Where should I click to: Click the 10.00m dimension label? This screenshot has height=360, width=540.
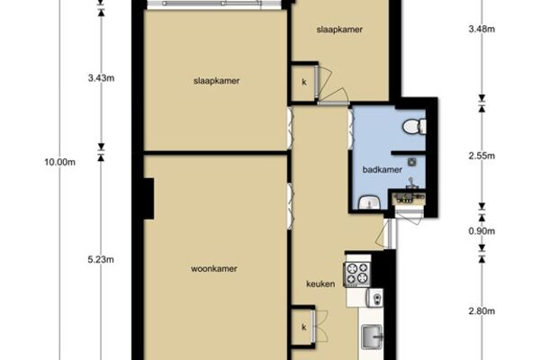(x=60, y=162)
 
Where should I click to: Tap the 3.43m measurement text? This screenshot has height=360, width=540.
(x=101, y=78)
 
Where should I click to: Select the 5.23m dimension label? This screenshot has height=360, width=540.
(x=101, y=260)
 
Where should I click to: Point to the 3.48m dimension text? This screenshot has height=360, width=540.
(x=481, y=30)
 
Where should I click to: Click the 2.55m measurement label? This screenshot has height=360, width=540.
(x=481, y=156)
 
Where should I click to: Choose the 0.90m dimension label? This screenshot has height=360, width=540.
(x=481, y=231)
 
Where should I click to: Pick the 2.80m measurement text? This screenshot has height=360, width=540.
(x=481, y=311)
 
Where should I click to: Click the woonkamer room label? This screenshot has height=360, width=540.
(x=214, y=269)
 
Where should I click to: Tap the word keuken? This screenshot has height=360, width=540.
(x=320, y=284)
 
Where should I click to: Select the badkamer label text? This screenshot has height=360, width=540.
(x=382, y=170)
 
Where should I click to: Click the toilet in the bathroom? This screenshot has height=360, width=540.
(x=414, y=126)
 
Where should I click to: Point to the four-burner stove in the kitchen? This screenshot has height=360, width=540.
(x=357, y=274)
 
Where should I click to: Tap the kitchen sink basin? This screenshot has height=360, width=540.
(x=372, y=337)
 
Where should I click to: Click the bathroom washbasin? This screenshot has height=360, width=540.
(x=369, y=202)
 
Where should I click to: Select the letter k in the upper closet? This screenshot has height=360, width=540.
(x=304, y=82)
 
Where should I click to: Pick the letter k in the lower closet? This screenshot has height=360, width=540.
(x=304, y=328)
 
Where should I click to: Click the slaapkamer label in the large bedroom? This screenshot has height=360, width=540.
(x=216, y=81)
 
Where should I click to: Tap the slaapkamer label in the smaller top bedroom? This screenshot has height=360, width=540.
(x=339, y=30)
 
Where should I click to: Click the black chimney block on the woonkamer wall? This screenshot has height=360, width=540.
(x=148, y=198)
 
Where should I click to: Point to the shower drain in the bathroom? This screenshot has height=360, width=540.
(x=412, y=162)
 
